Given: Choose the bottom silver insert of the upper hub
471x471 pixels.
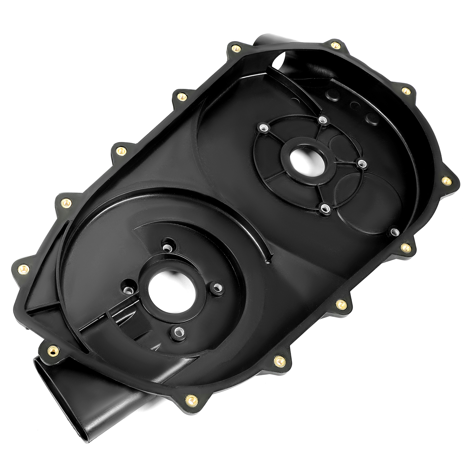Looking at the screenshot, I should point(325,208).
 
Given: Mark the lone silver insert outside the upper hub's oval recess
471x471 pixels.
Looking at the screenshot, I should point(394,232).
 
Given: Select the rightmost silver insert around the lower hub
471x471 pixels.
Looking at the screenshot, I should point(217,286).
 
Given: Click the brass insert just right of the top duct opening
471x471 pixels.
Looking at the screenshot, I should point(335,45).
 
